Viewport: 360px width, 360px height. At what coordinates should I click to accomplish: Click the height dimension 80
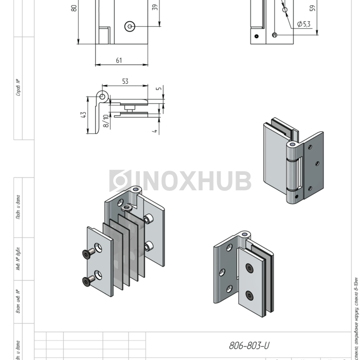click(74, 8)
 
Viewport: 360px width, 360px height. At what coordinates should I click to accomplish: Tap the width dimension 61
click(119, 61)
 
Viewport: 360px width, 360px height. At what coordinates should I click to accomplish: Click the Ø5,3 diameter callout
click(303, 24)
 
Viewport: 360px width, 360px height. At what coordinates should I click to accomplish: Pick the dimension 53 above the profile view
click(125, 81)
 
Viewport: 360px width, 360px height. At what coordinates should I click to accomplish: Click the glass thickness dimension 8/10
click(106, 121)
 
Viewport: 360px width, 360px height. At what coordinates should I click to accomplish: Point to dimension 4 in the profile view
click(154, 131)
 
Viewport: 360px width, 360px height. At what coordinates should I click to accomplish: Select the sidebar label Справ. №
click(18, 87)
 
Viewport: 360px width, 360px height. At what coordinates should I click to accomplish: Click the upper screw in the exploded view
click(86, 253)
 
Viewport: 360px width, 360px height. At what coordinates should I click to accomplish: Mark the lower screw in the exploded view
click(86, 280)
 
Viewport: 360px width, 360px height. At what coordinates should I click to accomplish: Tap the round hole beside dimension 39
click(129, 25)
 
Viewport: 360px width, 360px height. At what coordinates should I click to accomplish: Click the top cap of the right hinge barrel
click(292, 146)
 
